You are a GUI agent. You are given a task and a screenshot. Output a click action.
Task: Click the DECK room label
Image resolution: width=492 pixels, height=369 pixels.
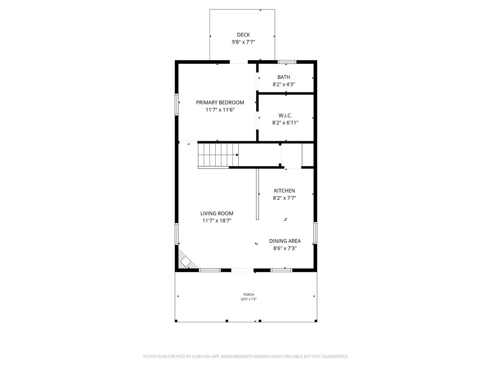click(243, 35)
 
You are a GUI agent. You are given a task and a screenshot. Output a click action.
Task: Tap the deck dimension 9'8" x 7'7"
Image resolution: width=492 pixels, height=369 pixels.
click(243, 42)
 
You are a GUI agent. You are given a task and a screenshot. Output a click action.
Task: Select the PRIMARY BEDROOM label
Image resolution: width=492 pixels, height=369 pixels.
click(220, 102)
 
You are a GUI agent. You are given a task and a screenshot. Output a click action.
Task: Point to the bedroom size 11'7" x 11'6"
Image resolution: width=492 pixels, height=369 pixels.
click(220, 110)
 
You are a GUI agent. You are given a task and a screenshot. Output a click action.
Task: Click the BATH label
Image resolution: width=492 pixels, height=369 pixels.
click(283, 77)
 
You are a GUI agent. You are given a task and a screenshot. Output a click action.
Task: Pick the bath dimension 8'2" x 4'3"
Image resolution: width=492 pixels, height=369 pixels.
click(283, 85)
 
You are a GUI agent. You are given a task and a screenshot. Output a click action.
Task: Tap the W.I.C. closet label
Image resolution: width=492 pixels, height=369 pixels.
click(285, 115)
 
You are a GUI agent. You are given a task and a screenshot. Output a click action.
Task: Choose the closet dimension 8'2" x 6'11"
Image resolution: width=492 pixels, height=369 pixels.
click(285, 123)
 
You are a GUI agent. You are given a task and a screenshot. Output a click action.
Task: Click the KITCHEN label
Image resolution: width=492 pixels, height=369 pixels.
click(284, 191)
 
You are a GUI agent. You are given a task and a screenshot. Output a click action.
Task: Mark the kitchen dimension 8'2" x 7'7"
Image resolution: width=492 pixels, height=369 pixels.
click(284, 198)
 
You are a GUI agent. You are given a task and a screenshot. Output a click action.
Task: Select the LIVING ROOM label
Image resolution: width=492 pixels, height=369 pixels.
click(217, 213)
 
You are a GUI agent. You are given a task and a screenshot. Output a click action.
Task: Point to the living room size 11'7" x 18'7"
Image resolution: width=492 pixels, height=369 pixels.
click(217, 221)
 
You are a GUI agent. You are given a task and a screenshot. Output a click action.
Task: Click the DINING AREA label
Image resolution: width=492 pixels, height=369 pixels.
click(285, 241)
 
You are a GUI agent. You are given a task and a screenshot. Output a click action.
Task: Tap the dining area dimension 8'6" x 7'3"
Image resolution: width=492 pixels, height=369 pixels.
click(285, 248)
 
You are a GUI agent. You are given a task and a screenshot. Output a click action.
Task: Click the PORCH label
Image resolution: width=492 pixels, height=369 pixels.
click(248, 295)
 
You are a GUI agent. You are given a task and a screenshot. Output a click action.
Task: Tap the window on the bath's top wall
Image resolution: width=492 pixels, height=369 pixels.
click(287, 61)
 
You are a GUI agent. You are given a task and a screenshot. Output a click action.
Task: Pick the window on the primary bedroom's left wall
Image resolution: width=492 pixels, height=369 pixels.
click(177, 104)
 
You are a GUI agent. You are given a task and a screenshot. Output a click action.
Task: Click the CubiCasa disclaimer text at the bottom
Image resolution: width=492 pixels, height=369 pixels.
click(246, 357)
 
